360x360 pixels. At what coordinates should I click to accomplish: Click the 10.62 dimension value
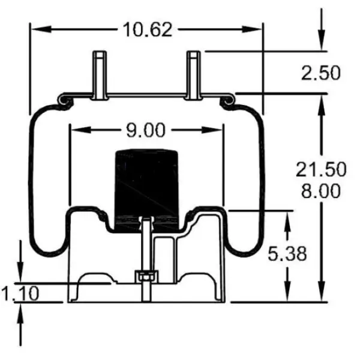point(147,28)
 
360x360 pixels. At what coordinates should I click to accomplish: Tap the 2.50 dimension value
point(320,73)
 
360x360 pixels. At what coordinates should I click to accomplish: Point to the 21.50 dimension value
point(320,170)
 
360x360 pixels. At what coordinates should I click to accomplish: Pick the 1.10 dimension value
point(20,293)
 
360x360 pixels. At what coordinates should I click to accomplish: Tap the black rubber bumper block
point(146,186)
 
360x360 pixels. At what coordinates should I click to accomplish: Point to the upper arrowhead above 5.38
point(289,219)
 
